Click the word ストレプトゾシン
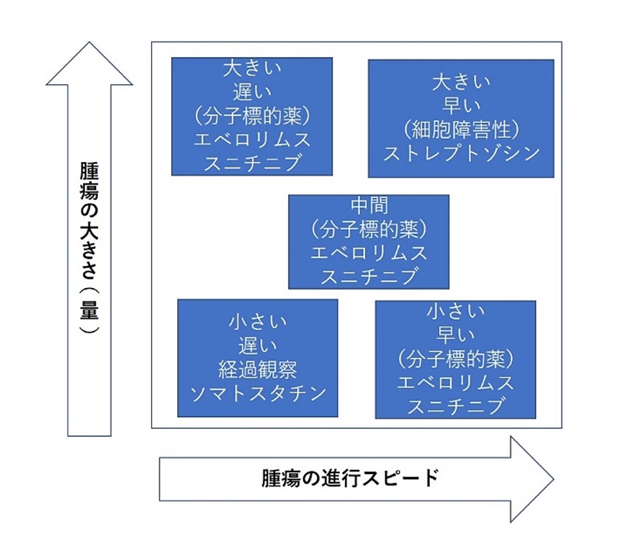coord(461,153)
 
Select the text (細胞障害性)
coord(461,130)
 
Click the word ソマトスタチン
coord(258,393)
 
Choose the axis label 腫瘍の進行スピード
coord(350,478)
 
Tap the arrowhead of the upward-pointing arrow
coord(89,63)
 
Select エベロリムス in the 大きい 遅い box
coord(252,140)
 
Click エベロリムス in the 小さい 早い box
coord(456,383)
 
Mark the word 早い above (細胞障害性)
coord(461,107)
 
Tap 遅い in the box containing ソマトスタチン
coord(258,346)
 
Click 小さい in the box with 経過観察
coord(258,323)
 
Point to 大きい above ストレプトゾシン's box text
coord(461,83)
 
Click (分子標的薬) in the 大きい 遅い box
coord(252,117)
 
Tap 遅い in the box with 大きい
coord(252,93)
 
